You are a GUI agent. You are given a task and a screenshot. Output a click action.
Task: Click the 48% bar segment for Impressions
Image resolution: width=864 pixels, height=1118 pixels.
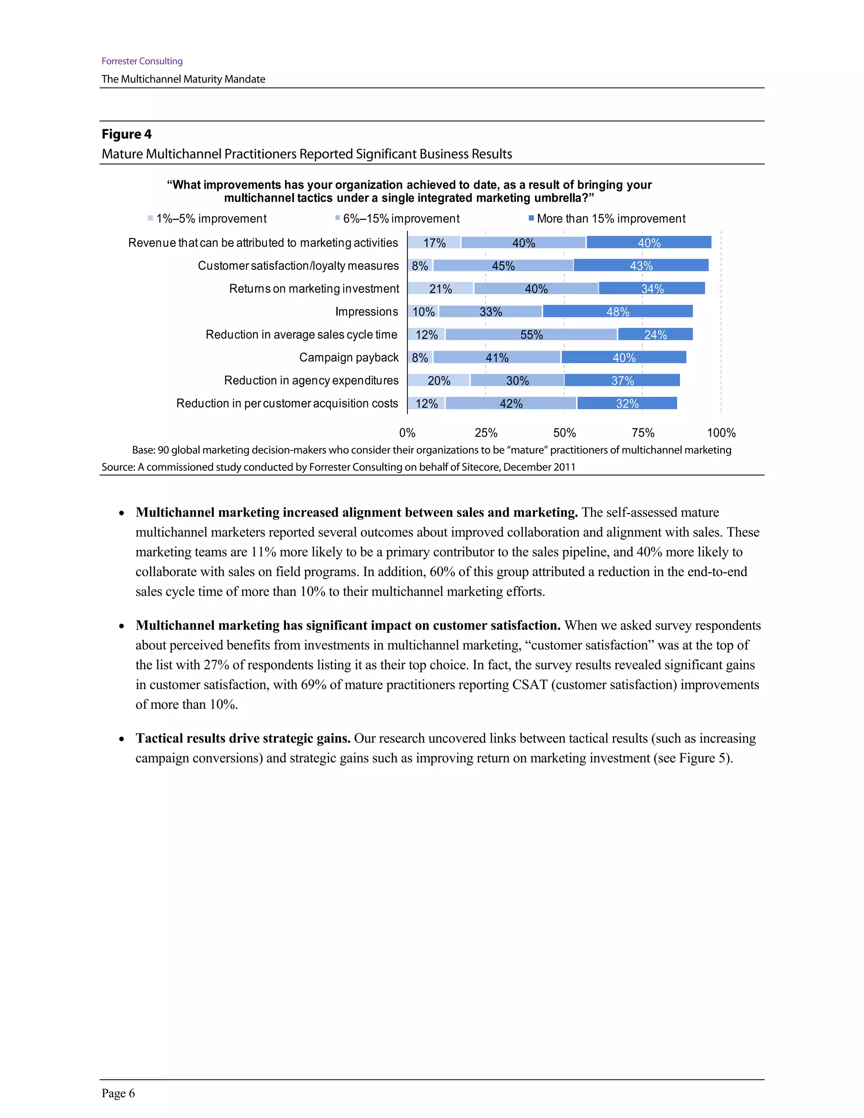617,311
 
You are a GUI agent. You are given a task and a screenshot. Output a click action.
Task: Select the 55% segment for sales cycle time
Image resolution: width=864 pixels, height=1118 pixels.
531,334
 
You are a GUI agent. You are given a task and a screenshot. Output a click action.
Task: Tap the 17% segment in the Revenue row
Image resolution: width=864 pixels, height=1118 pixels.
434,243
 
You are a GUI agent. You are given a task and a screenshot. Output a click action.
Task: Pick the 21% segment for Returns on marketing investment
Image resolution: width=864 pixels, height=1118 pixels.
440,288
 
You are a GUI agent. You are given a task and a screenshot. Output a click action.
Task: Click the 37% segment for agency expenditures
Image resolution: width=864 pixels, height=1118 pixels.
622,381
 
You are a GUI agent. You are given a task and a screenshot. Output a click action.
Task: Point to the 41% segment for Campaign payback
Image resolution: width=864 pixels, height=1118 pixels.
497,357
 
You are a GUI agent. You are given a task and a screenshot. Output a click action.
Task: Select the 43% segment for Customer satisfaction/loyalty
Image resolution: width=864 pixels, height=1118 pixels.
641,265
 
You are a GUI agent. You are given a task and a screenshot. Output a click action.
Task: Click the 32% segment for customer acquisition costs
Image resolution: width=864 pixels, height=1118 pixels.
627,403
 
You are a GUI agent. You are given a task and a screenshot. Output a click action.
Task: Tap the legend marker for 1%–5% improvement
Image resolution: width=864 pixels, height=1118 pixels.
151,219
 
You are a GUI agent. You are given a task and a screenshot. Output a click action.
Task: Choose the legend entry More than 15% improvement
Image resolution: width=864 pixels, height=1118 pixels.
610,219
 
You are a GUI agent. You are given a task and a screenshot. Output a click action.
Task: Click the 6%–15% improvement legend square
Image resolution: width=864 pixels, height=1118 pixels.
338,219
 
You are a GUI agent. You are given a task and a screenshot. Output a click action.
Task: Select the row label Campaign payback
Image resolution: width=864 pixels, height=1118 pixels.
348,357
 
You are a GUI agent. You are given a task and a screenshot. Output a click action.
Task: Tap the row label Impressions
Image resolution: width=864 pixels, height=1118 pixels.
367,311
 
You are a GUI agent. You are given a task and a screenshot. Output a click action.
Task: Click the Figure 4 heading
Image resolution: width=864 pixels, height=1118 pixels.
127,134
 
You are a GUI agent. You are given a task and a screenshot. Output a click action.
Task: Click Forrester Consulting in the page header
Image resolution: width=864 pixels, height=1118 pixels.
142,61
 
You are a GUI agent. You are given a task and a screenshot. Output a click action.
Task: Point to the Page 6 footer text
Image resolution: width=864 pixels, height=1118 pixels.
118,1094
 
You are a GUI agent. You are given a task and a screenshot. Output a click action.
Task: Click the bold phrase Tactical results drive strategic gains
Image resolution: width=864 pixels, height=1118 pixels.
243,738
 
